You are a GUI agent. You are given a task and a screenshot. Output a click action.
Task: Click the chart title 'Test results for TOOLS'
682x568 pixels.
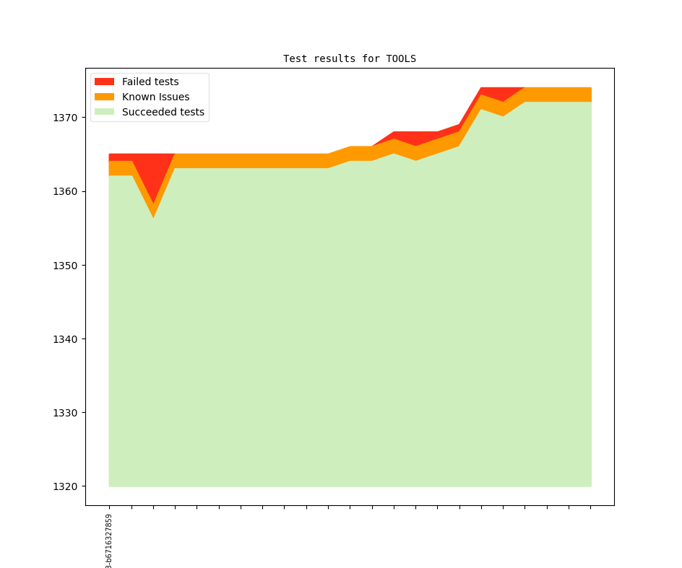(350, 58)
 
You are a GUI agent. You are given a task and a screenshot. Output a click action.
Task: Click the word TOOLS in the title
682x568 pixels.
(401, 58)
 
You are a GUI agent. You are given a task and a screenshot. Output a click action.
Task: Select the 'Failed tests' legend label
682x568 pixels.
(150, 82)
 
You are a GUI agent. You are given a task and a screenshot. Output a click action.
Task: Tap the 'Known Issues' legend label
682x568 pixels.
(155, 97)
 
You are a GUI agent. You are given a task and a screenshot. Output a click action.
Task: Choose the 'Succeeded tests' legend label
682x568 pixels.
(163, 112)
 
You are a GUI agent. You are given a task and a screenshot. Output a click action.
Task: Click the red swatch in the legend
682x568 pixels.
(105, 82)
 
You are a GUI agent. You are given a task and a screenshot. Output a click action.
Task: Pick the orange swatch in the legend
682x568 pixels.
(105, 97)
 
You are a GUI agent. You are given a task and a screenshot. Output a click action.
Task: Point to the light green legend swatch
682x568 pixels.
(105, 112)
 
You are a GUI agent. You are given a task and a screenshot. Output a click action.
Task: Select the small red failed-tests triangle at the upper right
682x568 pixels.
(498, 93)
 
